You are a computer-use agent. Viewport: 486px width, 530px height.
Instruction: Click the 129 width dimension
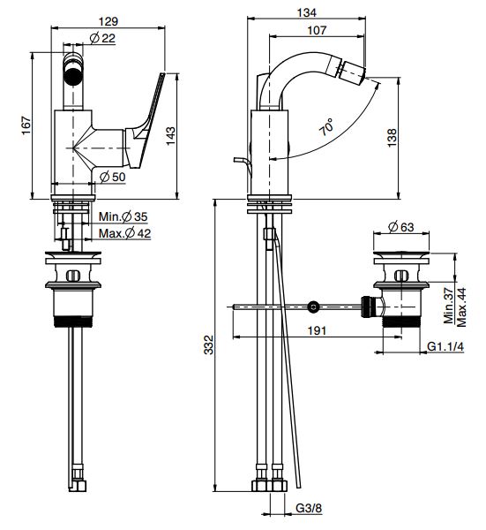(x=108, y=21)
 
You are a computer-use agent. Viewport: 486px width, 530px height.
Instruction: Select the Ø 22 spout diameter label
(x=102, y=38)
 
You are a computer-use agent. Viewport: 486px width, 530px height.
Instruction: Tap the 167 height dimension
(x=26, y=125)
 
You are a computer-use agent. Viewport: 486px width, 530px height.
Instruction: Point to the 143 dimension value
(x=171, y=136)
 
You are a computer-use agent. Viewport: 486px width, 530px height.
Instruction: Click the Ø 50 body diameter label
(x=113, y=177)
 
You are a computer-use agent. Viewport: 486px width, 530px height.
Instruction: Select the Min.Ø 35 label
(x=123, y=216)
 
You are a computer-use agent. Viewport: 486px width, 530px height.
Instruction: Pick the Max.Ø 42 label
(x=124, y=233)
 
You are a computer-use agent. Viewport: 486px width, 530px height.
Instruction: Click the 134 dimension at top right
(x=307, y=12)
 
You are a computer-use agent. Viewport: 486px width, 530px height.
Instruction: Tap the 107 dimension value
(x=317, y=30)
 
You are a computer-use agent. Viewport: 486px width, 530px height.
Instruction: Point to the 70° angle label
(x=326, y=127)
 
